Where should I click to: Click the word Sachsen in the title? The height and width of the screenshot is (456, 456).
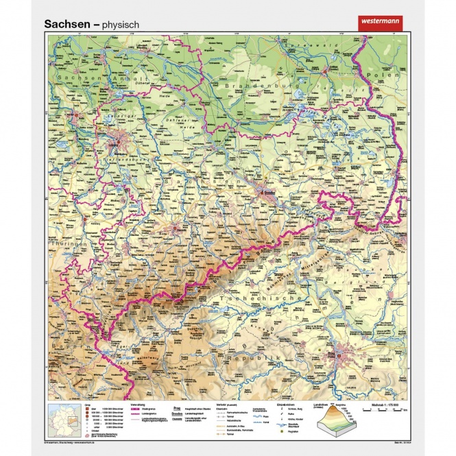click(x=67, y=23)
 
